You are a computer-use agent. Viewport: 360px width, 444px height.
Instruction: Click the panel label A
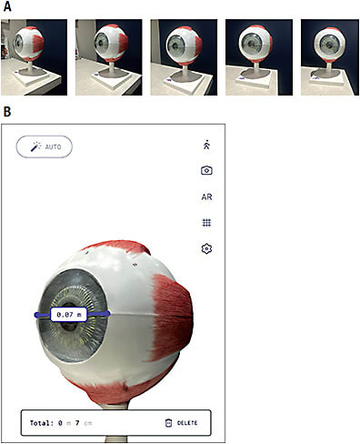click(7, 7)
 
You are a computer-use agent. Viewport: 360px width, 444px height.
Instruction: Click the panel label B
click(7, 113)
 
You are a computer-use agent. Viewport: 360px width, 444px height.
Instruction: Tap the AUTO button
click(44, 146)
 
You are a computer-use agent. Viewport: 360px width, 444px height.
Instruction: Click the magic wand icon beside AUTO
click(34, 146)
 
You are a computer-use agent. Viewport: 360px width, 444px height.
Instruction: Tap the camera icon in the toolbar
click(206, 170)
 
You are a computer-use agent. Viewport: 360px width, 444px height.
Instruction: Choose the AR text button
click(206, 197)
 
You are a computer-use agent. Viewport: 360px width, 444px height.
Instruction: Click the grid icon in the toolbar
click(206, 222)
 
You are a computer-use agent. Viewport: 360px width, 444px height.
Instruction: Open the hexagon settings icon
click(206, 247)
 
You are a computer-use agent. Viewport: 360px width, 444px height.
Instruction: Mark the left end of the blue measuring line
click(37, 314)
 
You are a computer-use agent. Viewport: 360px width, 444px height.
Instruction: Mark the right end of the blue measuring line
click(107, 313)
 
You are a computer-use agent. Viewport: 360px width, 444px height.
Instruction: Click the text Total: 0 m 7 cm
click(61, 423)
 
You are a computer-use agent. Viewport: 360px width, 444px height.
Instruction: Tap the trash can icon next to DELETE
click(167, 423)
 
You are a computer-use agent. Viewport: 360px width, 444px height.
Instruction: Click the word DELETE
click(186, 423)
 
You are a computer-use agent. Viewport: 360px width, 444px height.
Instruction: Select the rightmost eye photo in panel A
click(325, 56)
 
